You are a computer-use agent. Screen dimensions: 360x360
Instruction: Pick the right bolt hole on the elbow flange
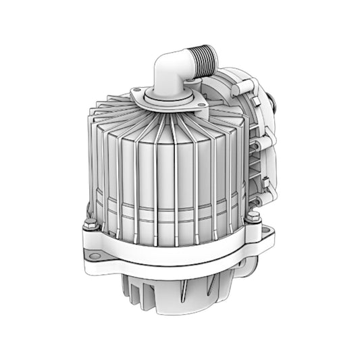201,104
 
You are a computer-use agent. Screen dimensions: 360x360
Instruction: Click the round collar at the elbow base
165,99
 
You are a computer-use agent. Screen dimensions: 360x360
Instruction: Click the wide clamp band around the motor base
169,253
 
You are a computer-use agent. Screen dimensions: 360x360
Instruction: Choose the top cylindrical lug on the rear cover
248,85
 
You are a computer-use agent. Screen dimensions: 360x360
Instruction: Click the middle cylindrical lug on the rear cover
262,142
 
